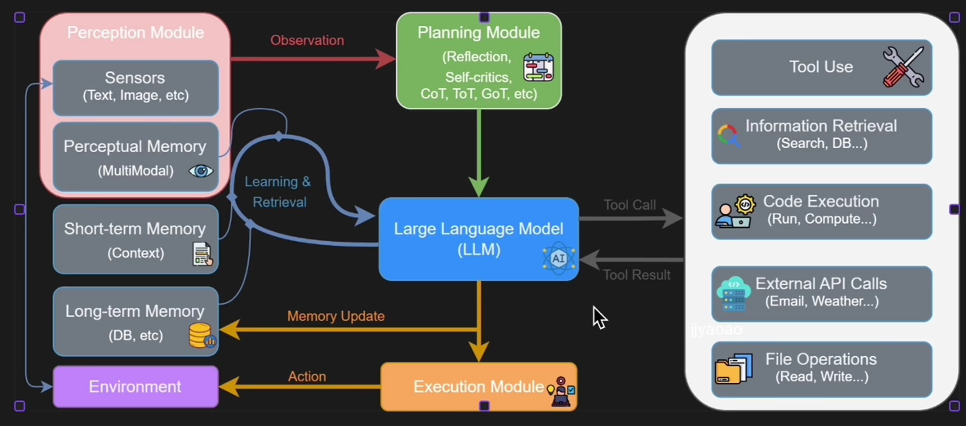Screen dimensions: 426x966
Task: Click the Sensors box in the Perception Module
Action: pyautogui.click(x=136, y=87)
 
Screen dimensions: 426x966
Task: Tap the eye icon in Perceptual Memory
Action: pyautogui.click(x=201, y=171)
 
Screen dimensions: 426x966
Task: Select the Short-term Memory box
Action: pyautogui.click(x=136, y=239)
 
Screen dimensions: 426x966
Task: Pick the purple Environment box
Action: pyautogui.click(x=136, y=386)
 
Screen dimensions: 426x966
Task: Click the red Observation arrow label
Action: pyautogui.click(x=307, y=40)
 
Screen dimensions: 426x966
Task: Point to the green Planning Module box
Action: pyautogui.click(x=478, y=61)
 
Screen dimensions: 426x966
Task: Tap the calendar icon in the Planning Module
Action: pyautogui.click(x=538, y=67)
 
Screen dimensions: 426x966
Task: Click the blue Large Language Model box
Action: pyautogui.click(x=478, y=239)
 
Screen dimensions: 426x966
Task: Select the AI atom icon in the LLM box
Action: pyautogui.click(x=558, y=258)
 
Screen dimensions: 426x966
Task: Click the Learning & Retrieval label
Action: pyautogui.click(x=278, y=192)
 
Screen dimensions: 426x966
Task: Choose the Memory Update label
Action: pyautogui.click(x=336, y=316)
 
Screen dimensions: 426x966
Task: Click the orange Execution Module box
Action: pyautogui.click(x=478, y=386)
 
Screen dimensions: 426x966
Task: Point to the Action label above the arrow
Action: pyautogui.click(x=307, y=377)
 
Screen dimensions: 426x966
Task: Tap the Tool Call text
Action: pyautogui.click(x=630, y=205)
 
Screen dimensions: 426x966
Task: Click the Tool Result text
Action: pyautogui.click(x=637, y=275)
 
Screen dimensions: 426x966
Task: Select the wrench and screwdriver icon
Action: pyautogui.click(x=903, y=67)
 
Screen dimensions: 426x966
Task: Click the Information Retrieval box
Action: pyautogui.click(x=821, y=136)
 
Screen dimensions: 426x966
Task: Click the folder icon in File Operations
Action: pyautogui.click(x=733, y=369)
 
